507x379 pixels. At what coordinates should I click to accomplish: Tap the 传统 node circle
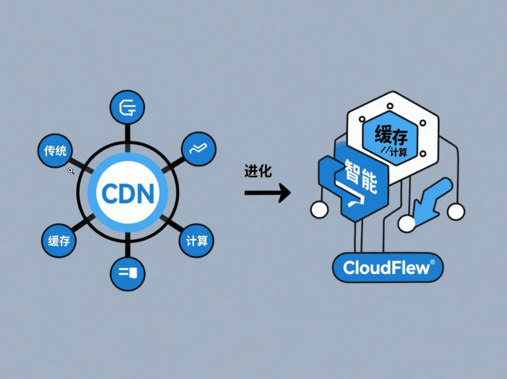(x=55, y=151)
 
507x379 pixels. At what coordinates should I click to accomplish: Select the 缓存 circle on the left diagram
(x=59, y=241)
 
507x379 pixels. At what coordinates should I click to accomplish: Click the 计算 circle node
(x=197, y=241)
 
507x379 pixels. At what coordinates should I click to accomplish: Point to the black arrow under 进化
(x=267, y=193)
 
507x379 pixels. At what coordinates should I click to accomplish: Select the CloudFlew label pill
(x=388, y=267)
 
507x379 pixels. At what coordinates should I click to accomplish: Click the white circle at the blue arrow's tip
(x=407, y=224)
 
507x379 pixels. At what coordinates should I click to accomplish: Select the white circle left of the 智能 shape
(x=319, y=210)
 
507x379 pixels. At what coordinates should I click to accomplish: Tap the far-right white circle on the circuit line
(x=456, y=211)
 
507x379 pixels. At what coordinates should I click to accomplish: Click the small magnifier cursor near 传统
(x=71, y=171)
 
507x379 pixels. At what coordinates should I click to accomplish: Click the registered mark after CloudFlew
(x=432, y=262)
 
